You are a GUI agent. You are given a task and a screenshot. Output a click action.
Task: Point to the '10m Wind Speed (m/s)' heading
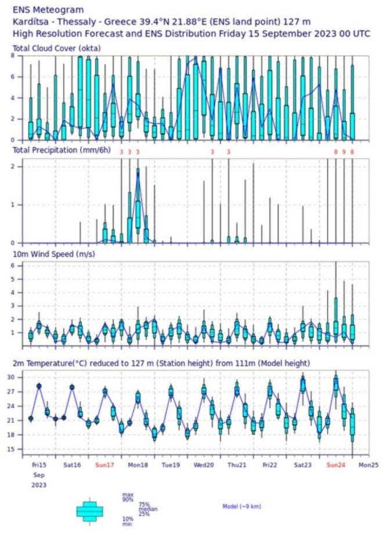[53, 254]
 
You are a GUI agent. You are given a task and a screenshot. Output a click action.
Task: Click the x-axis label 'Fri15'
[39, 465]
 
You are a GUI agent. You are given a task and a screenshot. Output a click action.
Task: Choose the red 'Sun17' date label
[104, 465]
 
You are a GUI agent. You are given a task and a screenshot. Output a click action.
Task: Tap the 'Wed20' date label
[204, 465]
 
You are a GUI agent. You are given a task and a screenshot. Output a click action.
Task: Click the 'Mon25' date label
[368, 465]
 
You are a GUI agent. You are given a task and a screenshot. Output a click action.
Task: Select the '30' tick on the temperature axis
[19, 377]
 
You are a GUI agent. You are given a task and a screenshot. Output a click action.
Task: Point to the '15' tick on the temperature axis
[19, 449]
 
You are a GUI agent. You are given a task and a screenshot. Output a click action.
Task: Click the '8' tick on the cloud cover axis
[13, 56]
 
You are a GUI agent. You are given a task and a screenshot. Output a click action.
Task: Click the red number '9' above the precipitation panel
[344, 152]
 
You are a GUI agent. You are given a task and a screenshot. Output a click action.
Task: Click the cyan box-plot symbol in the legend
[89, 510]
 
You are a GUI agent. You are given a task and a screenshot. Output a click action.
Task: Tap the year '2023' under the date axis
[39, 485]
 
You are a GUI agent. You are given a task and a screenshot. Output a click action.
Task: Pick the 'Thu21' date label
[237, 465]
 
